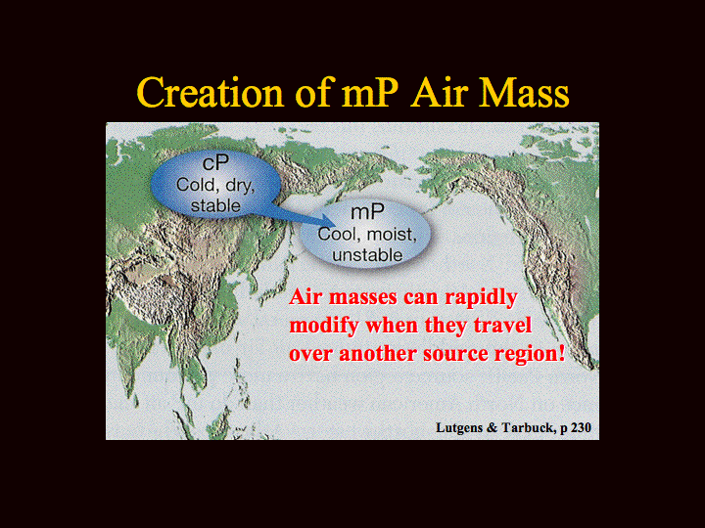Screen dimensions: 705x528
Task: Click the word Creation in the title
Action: [x=211, y=92]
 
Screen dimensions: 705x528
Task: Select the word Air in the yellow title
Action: [x=441, y=92]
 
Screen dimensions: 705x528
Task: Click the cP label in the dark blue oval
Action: [x=215, y=163]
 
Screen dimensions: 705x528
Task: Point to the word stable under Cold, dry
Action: [x=215, y=205]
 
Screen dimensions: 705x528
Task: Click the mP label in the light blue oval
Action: [x=367, y=212]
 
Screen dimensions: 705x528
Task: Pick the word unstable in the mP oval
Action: [x=367, y=255]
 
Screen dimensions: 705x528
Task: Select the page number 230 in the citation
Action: [x=581, y=427]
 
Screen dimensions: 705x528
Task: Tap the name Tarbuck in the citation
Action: [x=529, y=427]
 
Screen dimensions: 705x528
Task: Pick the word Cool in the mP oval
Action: [x=334, y=235]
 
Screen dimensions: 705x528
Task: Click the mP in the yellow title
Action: [x=370, y=94]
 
